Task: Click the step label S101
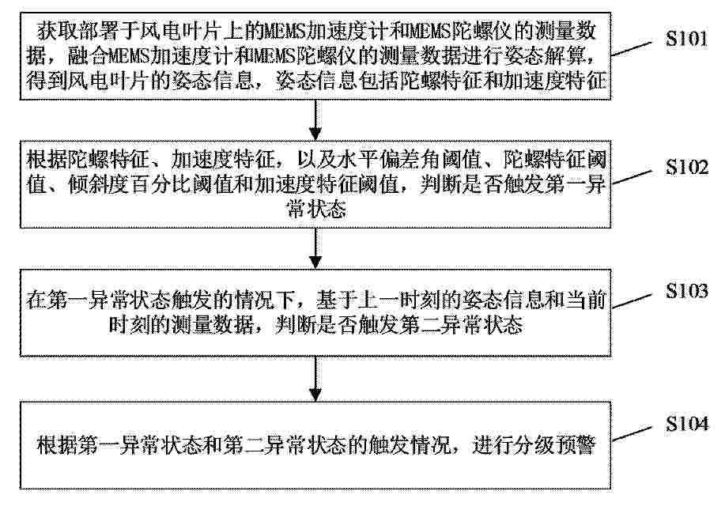[686, 39]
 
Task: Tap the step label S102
[687, 167]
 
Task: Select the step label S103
[687, 291]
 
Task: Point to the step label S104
[687, 424]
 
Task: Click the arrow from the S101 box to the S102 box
[315, 119]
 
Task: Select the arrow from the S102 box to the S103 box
[315, 248]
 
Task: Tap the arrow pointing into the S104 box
[315, 379]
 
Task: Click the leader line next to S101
[632, 48]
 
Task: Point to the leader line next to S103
[632, 300]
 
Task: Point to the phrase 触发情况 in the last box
[410, 445]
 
